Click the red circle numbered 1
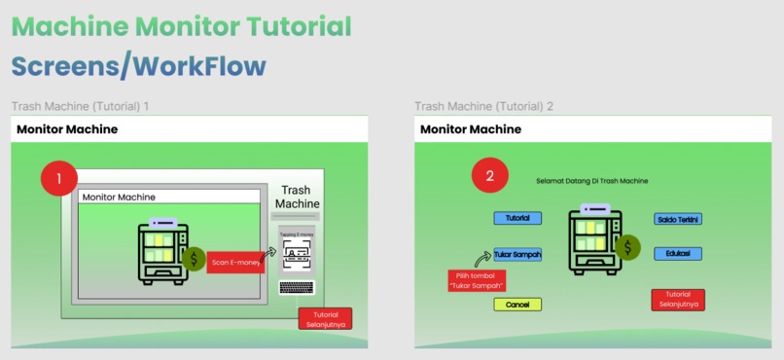[59, 178]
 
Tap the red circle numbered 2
[489, 176]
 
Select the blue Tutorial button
[517, 219]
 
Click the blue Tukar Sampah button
[517, 255]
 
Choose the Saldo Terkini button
[678, 219]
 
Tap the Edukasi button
[678, 254]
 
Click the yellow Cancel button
[517, 305]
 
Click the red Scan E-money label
[235, 262]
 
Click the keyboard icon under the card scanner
[296, 287]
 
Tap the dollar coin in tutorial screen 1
[195, 259]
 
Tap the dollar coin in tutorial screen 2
[628, 248]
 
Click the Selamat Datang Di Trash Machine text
[591, 181]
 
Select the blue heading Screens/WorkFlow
[138, 66]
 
